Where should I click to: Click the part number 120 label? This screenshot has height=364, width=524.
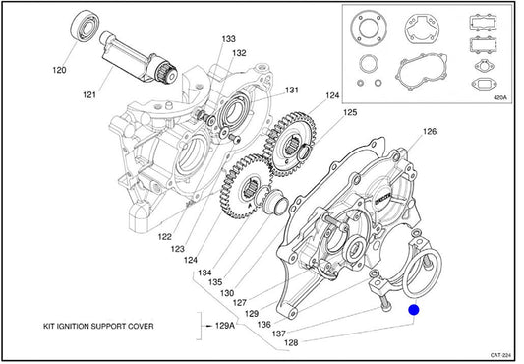tap(59, 70)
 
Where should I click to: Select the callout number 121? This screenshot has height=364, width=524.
tap(89, 95)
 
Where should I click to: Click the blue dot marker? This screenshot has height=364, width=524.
tap(414, 310)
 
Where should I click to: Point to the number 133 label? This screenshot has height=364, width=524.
tap(229, 39)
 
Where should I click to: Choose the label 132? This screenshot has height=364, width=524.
tap(239, 53)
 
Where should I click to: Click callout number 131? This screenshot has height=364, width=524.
tap(291, 90)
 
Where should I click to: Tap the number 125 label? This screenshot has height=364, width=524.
tap(350, 112)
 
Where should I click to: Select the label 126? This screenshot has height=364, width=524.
tap(430, 131)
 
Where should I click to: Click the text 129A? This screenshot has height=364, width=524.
tap(225, 326)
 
